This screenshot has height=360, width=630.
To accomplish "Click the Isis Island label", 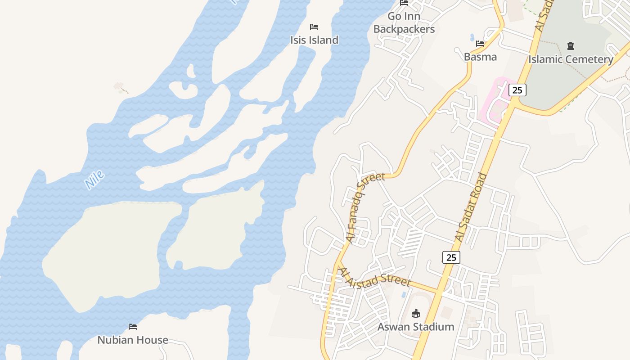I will (314, 40).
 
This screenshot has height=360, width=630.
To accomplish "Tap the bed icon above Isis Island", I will (314, 27).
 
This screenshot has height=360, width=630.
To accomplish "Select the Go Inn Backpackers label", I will (404, 23).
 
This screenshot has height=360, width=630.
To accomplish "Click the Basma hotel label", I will (480, 57).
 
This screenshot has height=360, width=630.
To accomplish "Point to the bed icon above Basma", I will (480, 44).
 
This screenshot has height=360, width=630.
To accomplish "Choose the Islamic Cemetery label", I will (571, 59).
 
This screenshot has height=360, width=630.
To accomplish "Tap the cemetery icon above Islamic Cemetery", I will (571, 46).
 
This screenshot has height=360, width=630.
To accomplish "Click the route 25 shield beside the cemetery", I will (517, 90).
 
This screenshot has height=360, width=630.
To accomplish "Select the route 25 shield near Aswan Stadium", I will (451, 257).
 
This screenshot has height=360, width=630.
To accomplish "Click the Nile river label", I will (94, 180).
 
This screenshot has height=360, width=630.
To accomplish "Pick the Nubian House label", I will (133, 340).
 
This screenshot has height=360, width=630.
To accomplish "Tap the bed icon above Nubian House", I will (133, 326).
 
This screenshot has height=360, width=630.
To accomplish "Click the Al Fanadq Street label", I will (365, 207).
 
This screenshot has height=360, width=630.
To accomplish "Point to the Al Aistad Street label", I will (374, 277).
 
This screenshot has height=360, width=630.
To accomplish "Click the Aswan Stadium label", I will (416, 327).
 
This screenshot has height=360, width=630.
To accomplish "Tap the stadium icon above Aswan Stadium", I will (416, 313).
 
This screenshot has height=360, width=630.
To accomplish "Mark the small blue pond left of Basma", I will (472, 37).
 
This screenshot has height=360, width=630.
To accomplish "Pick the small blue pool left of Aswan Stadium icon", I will (403, 295).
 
